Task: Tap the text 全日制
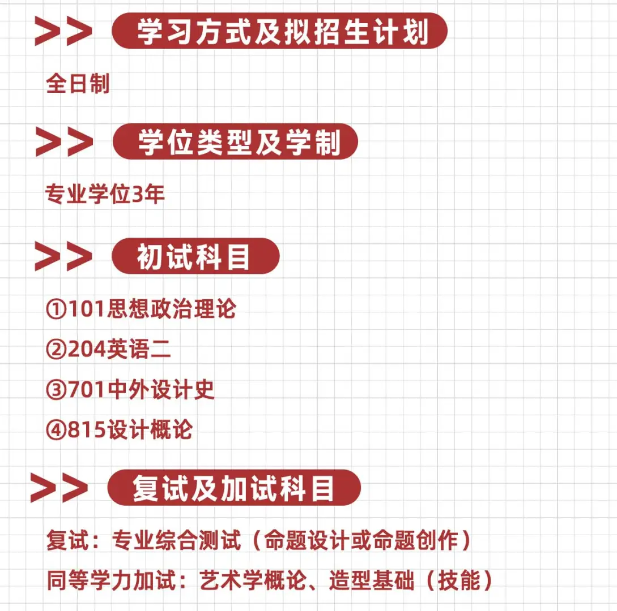click(x=77, y=84)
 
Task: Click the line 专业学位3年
click(x=105, y=195)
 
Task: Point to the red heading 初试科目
click(x=195, y=256)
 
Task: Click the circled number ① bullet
click(x=56, y=309)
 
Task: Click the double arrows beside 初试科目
click(x=62, y=257)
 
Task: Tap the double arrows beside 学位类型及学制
click(x=63, y=141)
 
